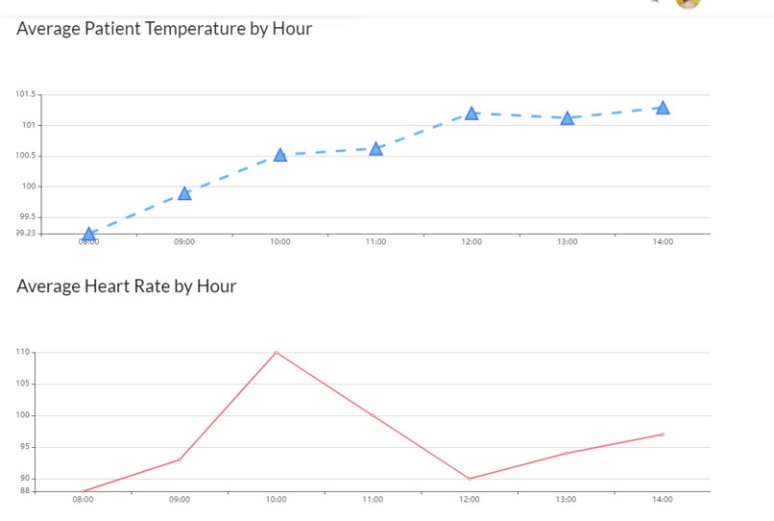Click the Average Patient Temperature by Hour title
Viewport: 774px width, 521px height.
(164, 29)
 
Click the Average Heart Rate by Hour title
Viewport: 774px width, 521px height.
(126, 286)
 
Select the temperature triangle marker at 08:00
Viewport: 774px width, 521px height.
(89, 234)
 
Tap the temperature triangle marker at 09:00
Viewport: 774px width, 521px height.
(184, 193)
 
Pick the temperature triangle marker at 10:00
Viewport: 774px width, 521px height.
(280, 155)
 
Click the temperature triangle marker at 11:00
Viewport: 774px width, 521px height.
(376, 149)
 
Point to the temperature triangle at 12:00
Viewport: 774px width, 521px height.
(472, 113)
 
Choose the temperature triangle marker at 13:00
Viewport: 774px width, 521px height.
(568, 118)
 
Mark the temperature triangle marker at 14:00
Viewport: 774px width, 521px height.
(663, 108)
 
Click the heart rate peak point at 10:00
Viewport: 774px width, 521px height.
(277, 352)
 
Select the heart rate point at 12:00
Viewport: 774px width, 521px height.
(470, 479)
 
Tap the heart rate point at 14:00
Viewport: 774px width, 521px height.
(663, 434)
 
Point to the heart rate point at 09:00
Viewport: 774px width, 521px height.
(180, 459)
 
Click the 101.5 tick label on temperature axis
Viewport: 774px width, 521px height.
(26, 94)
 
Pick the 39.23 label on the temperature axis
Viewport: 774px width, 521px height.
(26, 233)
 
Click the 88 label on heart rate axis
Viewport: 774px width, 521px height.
(26, 490)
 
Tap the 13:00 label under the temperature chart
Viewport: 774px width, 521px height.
(568, 242)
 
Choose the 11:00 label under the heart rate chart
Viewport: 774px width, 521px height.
(373, 500)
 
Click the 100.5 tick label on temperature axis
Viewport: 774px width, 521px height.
(26, 156)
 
